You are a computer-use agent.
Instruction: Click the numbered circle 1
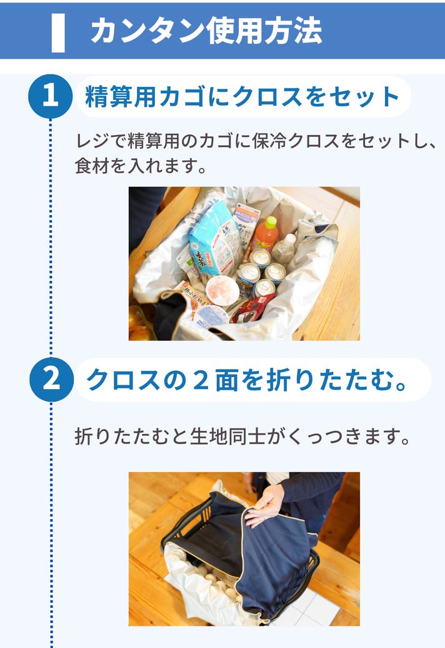[x=51, y=96]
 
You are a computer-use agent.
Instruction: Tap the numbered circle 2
[x=51, y=380]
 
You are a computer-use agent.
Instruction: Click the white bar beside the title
[x=58, y=33]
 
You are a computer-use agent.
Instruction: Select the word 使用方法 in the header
[x=264, y=31]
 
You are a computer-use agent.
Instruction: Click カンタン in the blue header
[x=147, y=32]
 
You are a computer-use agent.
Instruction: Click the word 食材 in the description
[x=91, y=166]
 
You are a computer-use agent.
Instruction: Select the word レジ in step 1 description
[x=92, y=141]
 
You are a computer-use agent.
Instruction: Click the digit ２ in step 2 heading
[x=200, y=380]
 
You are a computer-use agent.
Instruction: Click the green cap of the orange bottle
[x=271, y=222]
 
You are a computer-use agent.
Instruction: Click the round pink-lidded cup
[x=222, y=290]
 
